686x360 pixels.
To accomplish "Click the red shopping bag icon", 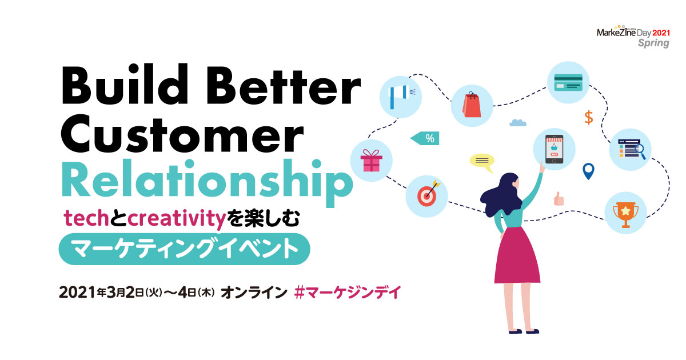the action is click(472, 105).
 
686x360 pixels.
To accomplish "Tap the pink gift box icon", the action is click(372, 161).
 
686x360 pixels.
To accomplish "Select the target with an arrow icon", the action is click(428, 194).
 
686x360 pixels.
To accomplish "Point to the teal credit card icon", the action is click(568, 82).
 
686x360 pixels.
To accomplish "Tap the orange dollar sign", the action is click(589, 118).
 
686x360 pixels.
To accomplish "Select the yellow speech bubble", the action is click(482, 162).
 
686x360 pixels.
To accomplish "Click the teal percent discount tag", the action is click(425, 138).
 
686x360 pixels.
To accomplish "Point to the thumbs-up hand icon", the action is click(559, 199).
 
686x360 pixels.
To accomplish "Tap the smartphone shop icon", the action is click(554, 149).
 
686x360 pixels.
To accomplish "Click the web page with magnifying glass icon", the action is click(632, 149).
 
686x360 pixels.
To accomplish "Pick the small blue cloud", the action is click(517, 122).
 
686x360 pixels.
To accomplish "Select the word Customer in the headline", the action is click(182, 134).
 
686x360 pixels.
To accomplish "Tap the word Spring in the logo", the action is click(653, 43).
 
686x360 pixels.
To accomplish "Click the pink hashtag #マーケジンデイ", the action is click(348, 293).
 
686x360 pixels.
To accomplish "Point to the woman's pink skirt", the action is click(517, 255).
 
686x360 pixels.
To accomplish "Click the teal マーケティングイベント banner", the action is click(184, 249).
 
